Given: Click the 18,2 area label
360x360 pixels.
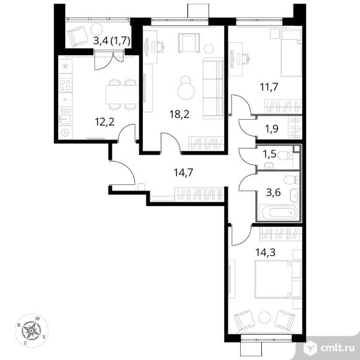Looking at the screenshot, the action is tap(179, 114).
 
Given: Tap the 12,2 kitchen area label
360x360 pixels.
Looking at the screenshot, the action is tap(104, 122).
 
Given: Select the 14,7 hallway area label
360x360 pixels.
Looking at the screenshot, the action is tap(183, 173).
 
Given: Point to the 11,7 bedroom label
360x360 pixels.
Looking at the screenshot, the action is tap(269, 87).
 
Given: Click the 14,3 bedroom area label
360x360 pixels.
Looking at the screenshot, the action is tap(266, 253).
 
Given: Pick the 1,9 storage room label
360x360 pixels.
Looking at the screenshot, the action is tap(272, 129).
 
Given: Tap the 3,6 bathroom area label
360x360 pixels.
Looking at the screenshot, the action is tap(273, 192).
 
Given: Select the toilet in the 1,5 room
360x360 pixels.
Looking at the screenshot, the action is tap(285, 156).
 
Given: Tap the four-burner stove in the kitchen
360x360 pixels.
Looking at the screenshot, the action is tap(65, 85).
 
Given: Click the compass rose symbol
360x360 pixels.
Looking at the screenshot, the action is tap(31, 330).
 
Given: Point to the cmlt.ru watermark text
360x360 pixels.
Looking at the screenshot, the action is tap(337, 348).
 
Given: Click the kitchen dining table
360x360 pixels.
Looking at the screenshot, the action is tap(122, 94).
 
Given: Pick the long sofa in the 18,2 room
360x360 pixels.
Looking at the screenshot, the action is tap(213, 88).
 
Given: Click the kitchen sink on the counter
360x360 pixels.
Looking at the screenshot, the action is tap(65, 119).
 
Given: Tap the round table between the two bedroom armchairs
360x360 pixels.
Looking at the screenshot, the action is tap(264, 318).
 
